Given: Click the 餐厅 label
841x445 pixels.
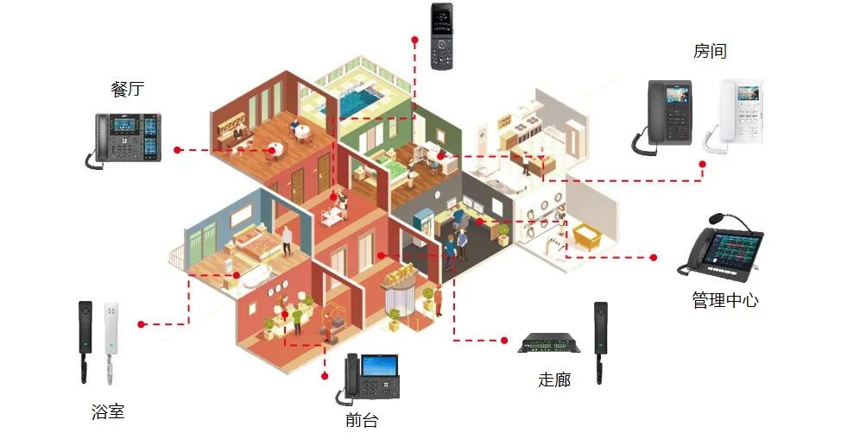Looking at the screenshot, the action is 128,89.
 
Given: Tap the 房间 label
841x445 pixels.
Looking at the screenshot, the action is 710,52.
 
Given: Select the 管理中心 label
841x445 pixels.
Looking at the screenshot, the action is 725,301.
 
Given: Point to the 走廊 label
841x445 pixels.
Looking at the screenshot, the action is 554,379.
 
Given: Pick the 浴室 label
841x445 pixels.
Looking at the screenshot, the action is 108,411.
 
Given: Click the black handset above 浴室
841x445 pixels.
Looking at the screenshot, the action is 85,340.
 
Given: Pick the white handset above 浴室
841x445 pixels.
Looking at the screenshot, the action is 110,340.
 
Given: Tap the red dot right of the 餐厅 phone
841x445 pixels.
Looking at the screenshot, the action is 177,150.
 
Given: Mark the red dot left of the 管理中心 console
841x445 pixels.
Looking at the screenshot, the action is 654,257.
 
